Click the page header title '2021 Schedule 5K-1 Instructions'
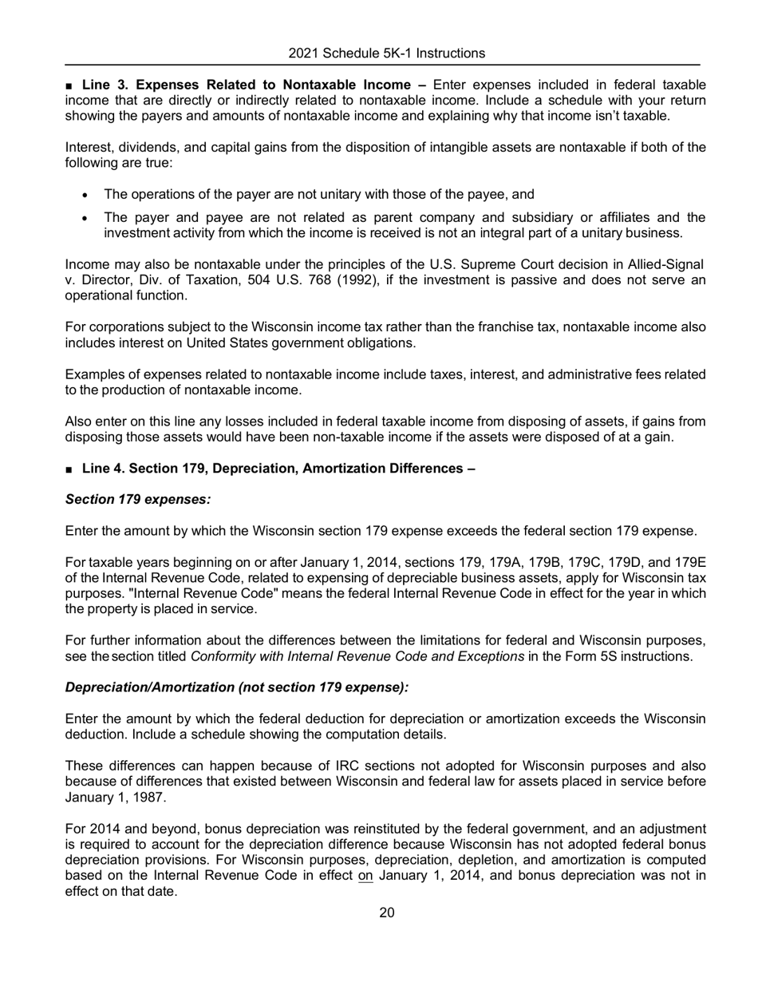pyautogui.click(x=386, y=53)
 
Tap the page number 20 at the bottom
pyautogui.click(x=386, y=913)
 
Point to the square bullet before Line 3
pyautogui.click(x=69, y=85)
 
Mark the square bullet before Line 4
pyautogui.click(x=69, y=469)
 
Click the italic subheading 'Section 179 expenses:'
pyautogui.click(x=138, y=500)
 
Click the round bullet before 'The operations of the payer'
pyautogui.click(x=86, y=195)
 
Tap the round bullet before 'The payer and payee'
pyautogui.click(x=86, y=218)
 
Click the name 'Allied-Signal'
pyautogui.click(x=665, y=264)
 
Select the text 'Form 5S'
pyautogui.click(x=587, y=656)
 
